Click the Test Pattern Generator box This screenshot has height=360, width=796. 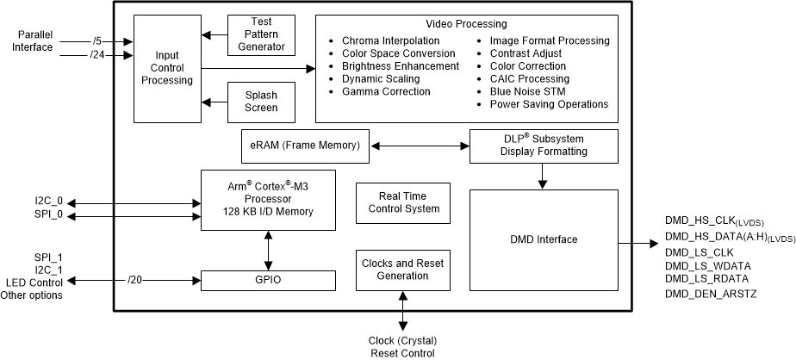(x=261, y=35)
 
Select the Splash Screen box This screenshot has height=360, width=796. (x=261, y=102)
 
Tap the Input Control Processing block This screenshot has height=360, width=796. (x=167, y=68)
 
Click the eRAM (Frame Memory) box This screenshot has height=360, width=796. (x=305, y=146)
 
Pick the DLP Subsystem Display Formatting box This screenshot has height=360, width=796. (x=544, y=146)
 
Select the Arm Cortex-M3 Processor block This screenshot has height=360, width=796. (x=267, y=200)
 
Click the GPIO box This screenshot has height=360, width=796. (x=267, y=280)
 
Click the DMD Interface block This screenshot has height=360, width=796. (x=544, y=240)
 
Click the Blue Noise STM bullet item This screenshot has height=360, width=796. (x=527, y=91)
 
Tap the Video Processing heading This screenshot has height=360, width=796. (x=466, y=24)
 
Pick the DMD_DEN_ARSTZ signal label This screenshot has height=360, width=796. (x=712, y=294)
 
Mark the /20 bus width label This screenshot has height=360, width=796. (x=134, y=280)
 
